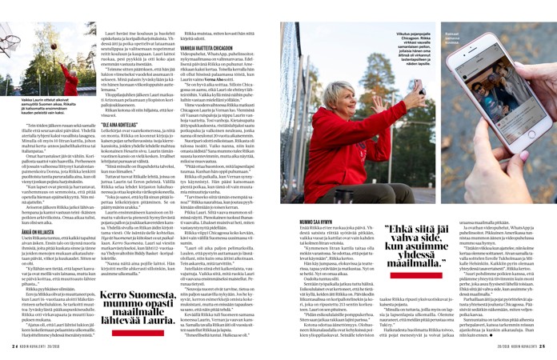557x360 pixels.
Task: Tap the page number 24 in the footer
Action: pyautogui.click(x=15, y=346)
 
